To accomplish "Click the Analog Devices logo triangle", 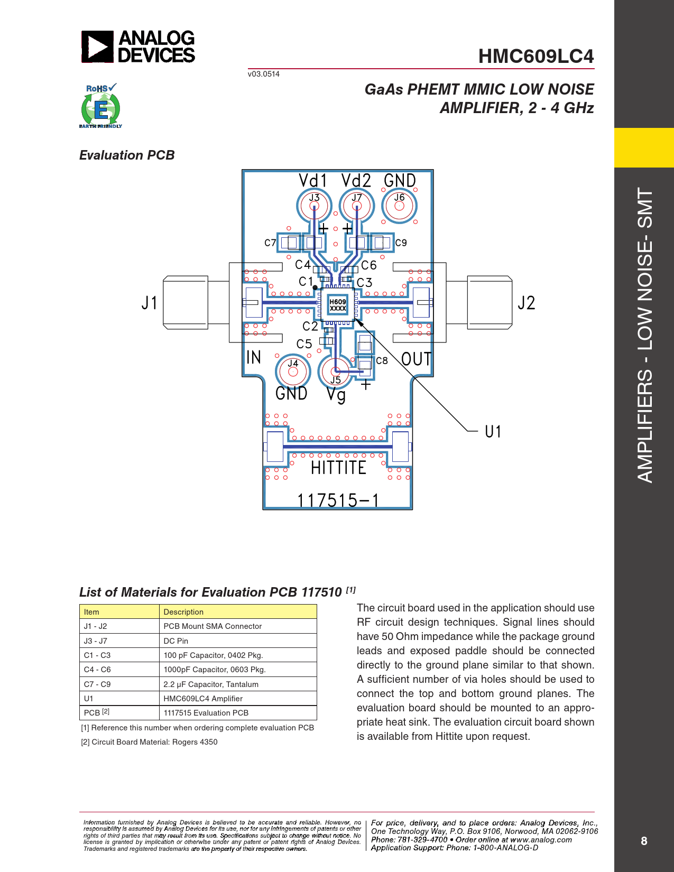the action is click(x=98, y=47).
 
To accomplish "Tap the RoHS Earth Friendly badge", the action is click(x=101, y=106).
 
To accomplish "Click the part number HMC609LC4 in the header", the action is click(x=536, y=56).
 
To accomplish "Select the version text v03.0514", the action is click(x=264, y=74).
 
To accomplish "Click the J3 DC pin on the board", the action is click(x=315, y=206).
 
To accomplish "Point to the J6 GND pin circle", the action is click(x=400, y=206).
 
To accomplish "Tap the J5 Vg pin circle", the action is click(x=335, y=372).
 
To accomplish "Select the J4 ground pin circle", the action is click(x=293, y=372).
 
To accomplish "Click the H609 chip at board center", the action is click(x=338, y=304).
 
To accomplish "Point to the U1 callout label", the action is click(x=493, y=432).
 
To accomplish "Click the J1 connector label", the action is click(x=149, y=303).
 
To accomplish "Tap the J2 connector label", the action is click(x=527, y=303).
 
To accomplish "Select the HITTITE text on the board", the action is click(x=338, y=468).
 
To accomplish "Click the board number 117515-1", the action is click(x=338, y=500).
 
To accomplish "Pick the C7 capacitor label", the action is click(x=270, y=243).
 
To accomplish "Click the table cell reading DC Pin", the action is click(x=176, y=641).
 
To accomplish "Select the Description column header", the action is click(x=183, y=612).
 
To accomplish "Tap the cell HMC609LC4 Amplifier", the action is click(x=202, y=699).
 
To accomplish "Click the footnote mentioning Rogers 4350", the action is click(x=149, y=742).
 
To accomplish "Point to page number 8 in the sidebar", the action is click(x=644, y=841).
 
